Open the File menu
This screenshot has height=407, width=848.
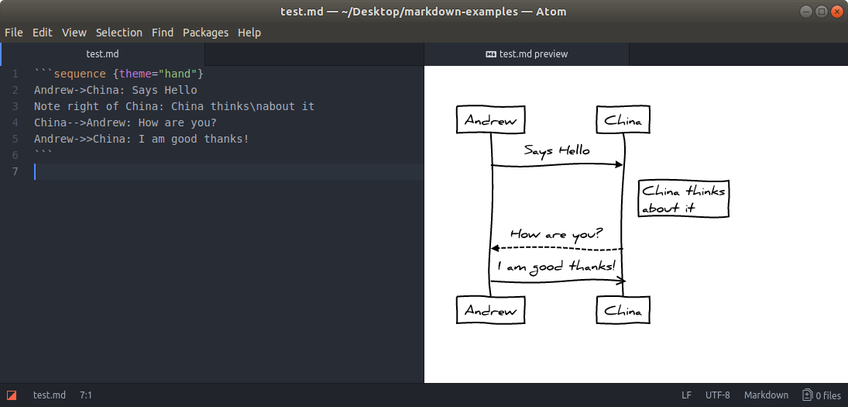pos(14,33)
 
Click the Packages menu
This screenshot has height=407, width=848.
pos(205,33)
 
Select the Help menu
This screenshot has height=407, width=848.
pos(249,33)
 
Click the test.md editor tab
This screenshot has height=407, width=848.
pos(102,54)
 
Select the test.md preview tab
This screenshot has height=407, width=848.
pos(527,54)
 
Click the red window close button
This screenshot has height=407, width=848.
pos(836,12)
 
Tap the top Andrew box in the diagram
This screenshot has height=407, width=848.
pos(491,120)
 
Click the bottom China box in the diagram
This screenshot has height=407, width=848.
pos(623,311)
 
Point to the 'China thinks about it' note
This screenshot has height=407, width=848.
pos(684,198)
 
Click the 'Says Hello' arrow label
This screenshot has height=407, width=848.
pos(557,150)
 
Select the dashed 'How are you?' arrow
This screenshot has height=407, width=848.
pos(557,248)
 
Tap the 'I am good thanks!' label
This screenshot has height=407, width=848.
pos(557,267)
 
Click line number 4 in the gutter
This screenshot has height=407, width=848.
pos(15,122)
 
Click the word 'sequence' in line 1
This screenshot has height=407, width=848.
pos(80,74)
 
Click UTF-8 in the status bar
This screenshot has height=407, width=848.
pos(717,395)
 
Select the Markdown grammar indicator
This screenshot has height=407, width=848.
pos(766,395)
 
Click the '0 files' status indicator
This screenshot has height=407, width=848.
pos(822,395)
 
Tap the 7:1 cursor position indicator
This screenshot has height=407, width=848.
pos(86,395)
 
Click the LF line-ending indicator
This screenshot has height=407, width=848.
pos(686,395)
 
